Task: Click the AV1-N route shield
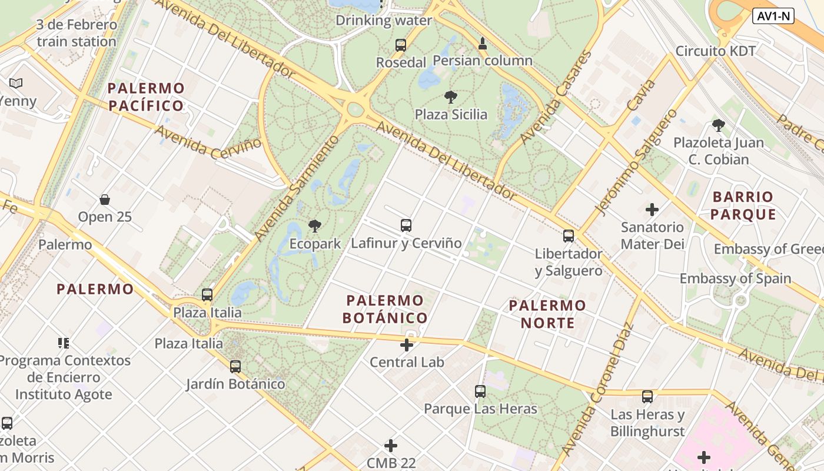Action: (x=773, y=16)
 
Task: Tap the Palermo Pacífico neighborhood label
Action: (x=146, y=97)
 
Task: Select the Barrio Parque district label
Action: (x=743, y=205)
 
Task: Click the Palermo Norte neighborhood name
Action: (x=547, y=314)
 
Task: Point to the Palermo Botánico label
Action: (x=385, y=309)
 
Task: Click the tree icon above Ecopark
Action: (x=315, y=225)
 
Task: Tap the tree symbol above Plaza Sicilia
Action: (x=451, y=97)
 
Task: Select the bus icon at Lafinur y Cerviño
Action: (x=406, y=225)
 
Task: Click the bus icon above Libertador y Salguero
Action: (x=569, y=236)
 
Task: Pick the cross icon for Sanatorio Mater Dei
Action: (x=652, y=209)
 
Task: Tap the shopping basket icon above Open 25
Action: (x=105, y=200)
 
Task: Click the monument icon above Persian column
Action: (x=483, y=43)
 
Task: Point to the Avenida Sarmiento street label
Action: (x=298, y=188)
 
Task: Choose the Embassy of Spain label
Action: (x=735, y=278)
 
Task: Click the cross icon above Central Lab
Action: (x=407, y=345)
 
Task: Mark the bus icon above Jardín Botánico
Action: (x=235, y=367)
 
